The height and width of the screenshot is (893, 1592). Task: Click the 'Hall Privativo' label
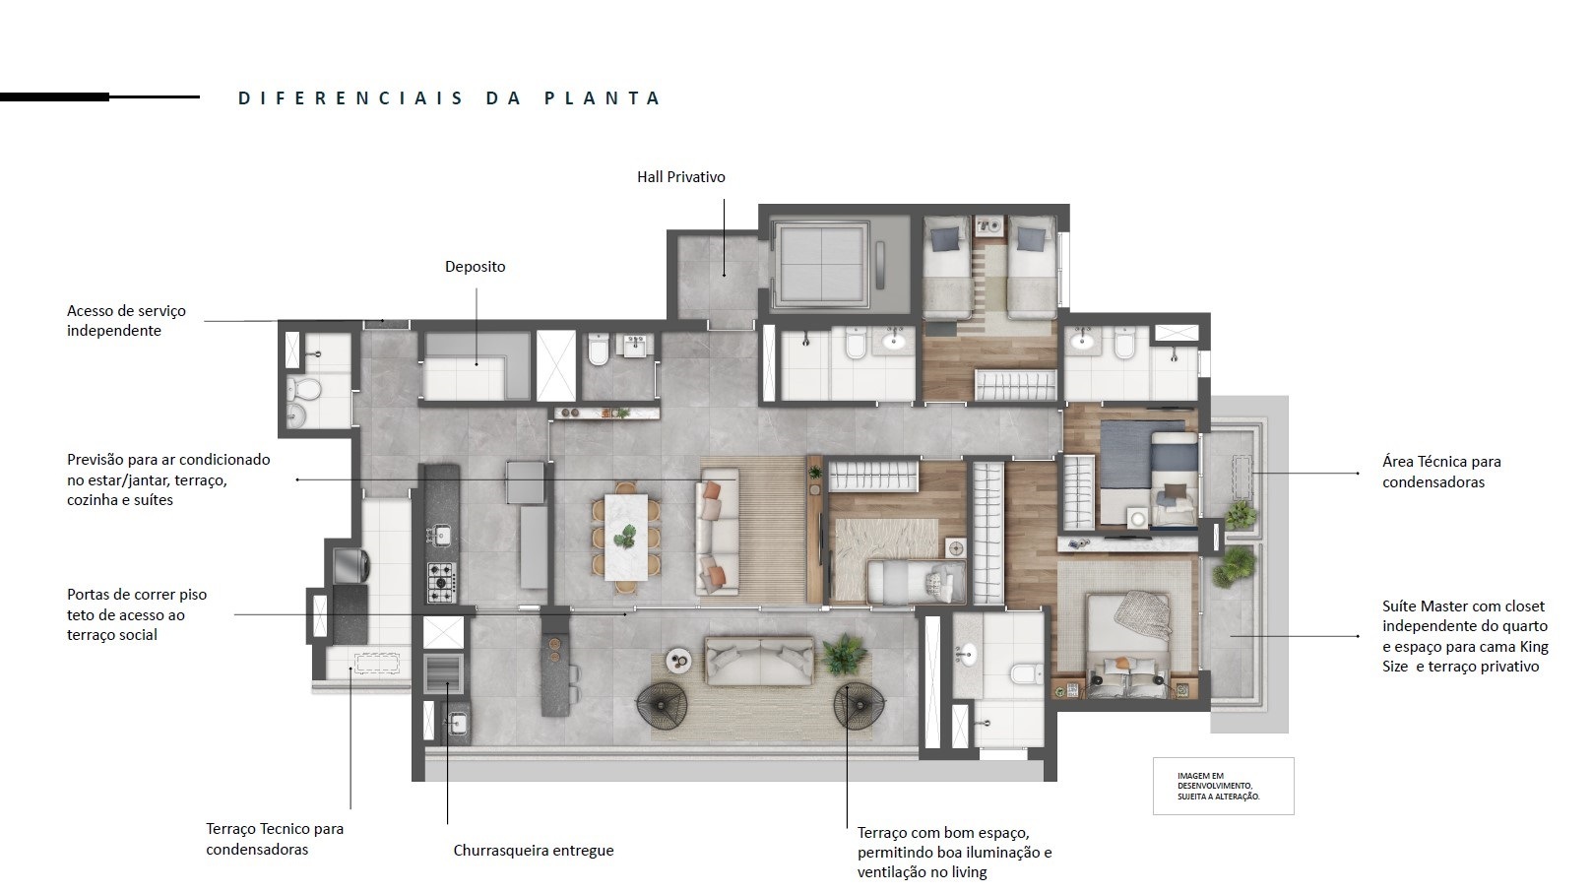[681, 177]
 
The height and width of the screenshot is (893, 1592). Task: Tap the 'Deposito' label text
[475, 267]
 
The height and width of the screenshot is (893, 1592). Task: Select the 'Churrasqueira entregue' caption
[534, 851]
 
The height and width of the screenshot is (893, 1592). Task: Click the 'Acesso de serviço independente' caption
[126, 321]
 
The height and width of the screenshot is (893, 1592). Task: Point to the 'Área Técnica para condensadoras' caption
[1441, 472]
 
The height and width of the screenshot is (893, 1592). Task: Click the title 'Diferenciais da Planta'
[449, 98]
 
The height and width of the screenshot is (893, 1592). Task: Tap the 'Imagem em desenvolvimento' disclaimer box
[1223, 786]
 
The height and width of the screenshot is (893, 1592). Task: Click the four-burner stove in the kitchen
[441, 582]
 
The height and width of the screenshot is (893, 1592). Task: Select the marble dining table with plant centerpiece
[626, 537]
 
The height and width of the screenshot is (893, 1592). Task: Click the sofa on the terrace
[759, 661]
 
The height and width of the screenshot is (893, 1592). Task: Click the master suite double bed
[1128, 646]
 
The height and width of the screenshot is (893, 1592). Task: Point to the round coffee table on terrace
[678, 662]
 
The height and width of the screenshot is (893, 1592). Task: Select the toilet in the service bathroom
[303, 389]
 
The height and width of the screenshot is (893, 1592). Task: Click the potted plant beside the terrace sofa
[844, 655]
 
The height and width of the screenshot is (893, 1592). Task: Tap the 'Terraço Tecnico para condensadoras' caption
[275, 839]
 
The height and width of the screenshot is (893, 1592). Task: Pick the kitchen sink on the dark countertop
[442, 535]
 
